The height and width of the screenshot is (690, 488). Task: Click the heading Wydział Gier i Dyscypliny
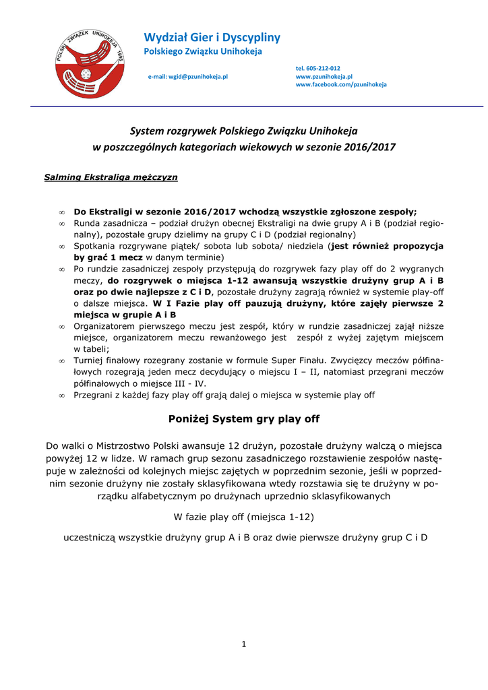point(212,37)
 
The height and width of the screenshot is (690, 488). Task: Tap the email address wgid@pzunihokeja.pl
point(188,77)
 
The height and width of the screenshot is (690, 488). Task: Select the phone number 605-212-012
point(318,69)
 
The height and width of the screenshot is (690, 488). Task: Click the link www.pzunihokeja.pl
point(324,77)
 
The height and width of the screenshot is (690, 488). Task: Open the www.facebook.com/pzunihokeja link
point(341,85)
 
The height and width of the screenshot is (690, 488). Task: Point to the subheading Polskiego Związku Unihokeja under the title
point(204,52)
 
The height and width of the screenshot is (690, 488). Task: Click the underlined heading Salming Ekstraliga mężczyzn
point(111,177)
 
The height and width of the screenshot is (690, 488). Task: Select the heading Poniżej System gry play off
point(243,419)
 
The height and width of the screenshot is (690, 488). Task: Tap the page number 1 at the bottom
point(244,644)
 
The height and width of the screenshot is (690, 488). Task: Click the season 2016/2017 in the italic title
point(368,146)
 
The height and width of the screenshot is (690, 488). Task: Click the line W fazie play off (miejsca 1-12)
point(243,517)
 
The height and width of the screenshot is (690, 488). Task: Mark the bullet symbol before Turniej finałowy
point(61,361)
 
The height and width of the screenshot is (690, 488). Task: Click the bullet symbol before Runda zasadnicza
point(61,224)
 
